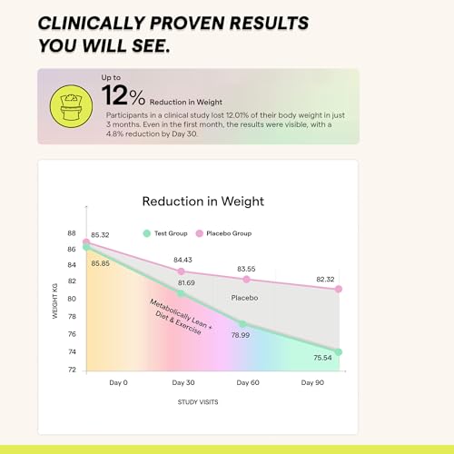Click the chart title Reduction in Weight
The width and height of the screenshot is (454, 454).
202,201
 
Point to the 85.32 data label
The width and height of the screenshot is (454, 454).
101,235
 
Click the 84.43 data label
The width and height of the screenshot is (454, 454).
184,260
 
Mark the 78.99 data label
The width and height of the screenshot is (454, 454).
240,335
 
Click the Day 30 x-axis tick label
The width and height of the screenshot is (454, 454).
183,383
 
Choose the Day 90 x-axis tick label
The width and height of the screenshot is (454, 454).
313,383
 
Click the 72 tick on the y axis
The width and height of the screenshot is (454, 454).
72,370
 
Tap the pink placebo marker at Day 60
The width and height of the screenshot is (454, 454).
246,280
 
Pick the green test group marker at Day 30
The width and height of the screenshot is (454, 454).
181,293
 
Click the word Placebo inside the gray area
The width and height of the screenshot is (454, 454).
244,298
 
